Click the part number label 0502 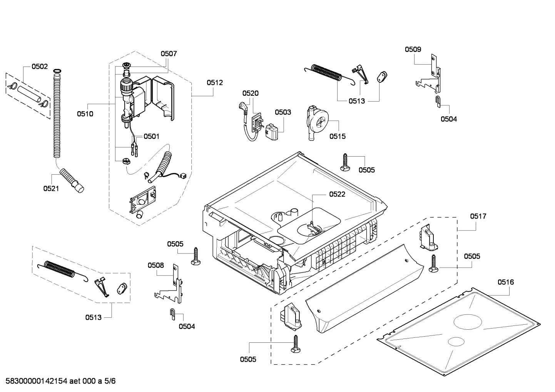click(39, 67)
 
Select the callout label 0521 click(51, 188)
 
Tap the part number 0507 click(169, 54)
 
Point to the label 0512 click(214, 83)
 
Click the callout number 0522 click(337, 194)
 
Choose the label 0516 click(505, 282)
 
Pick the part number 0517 click(478, 216)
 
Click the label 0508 click(155, 265)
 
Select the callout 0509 click(413, 49)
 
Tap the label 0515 click(337, 136)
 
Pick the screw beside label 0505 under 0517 click(433, 264)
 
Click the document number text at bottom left click(58, 381)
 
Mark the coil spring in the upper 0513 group click(327, 73)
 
